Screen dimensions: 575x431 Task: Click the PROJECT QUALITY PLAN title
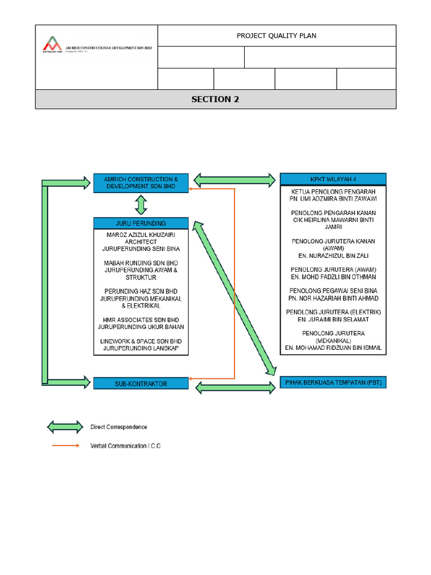[x=276, y=35]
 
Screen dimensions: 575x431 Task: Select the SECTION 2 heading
[x=215, y=99]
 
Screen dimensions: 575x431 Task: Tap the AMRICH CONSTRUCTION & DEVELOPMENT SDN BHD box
[x=141, y=183]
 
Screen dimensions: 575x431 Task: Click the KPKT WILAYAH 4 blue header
[x=333, y=180]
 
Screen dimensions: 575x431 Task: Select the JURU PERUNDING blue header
[x=141, y=223]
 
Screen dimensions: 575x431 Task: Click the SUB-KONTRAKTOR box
[x=141, y=384]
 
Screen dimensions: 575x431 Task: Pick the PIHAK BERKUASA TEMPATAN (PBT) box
[x=333, y=383]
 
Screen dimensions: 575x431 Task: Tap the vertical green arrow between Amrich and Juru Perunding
[x=141, y=204]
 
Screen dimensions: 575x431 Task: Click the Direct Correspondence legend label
[x=119, y=427]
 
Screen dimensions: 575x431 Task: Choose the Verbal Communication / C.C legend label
[x=129, y=446]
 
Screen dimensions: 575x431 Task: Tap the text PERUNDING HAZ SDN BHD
[x=141, y=291]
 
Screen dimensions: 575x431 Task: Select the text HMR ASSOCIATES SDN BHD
[x=141, y=320]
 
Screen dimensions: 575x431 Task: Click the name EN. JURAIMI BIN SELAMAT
[x=333, y=319]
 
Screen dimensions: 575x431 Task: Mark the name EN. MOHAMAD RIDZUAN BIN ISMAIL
[x=333, y=348]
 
